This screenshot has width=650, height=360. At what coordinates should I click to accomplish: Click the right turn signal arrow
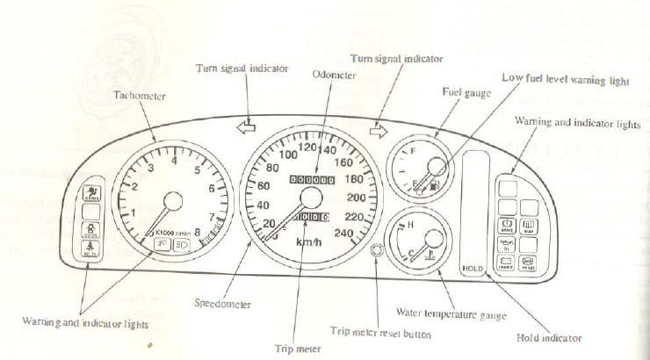tap(379, 132)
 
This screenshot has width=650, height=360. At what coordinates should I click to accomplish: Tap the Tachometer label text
tap(140, 95)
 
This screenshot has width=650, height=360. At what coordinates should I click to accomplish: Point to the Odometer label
tap(334, 76)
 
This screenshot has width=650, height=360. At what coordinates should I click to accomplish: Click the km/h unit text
tap(307, 242)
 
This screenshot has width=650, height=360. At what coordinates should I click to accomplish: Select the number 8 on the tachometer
tap(196, 233)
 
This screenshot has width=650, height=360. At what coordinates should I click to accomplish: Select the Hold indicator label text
tap(550, 337)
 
